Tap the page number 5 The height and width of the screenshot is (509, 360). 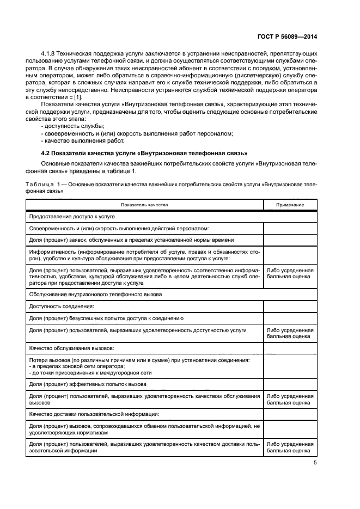314,463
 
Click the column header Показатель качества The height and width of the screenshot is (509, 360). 145,205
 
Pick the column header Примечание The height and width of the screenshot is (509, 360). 290,205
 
